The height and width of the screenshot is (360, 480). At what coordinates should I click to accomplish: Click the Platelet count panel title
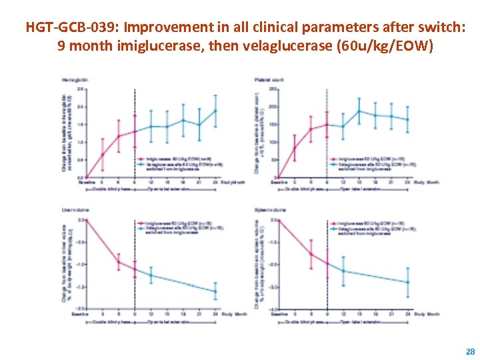pyautogui.click(x=269, y=80)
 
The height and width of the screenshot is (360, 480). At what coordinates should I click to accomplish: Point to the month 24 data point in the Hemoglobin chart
pyautogui.click(x=215, y=111)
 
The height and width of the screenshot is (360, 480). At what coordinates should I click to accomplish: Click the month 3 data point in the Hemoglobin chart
pyautogui.click(x=103, y=155)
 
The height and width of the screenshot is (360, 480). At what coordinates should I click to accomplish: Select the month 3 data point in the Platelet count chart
pyautogui.click(x=295, y=148)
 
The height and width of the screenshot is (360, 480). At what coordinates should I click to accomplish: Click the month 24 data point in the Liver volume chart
pyautogui.click(x=215, y=291)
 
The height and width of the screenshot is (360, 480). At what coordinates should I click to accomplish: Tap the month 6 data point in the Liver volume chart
pyautogui.click(x=119, y=261)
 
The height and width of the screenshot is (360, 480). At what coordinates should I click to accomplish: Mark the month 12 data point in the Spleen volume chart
pyautogui.click(x=343, y=271)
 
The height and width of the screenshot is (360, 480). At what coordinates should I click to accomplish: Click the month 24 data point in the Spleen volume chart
pyautogui.click(x=408, y=282)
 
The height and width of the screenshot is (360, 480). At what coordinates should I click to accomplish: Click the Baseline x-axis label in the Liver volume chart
pyautogui.click(x=85, y=315)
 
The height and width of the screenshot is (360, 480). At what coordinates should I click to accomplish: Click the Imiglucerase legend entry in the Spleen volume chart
pyautogui.click(x=364, y=223)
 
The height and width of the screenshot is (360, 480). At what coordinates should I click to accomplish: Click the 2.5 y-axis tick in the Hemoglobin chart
pyautogui.click(x=80, y=89)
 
